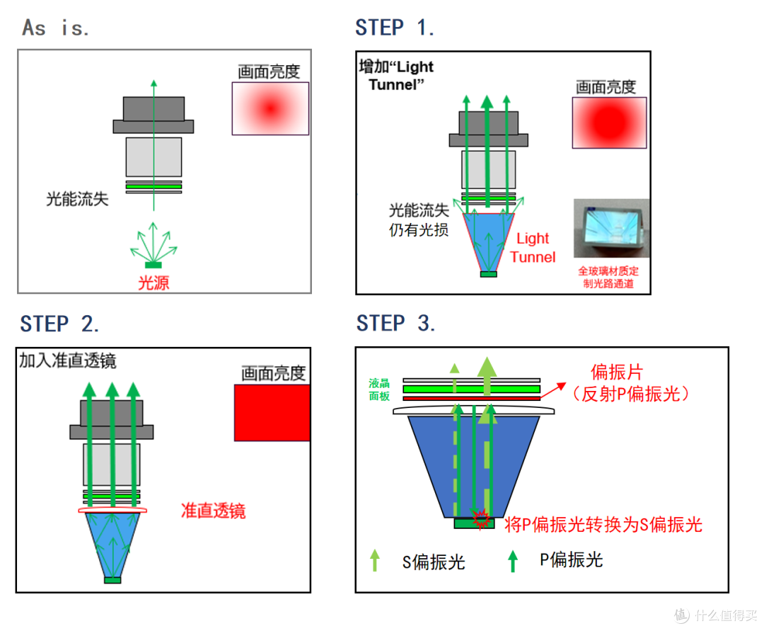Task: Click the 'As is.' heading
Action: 56,28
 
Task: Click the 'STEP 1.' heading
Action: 394,28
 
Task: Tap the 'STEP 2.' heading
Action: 59,324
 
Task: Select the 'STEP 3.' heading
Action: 395,324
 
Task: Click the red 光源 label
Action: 154,283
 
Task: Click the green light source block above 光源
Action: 154,265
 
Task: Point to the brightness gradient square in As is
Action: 270,108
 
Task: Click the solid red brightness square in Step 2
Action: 272,413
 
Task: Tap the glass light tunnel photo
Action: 611,228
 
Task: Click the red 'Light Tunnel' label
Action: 533,248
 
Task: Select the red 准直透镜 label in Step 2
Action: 213,511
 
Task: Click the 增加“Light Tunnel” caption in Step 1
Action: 396,75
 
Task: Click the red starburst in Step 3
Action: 480,518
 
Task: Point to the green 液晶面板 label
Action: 379,390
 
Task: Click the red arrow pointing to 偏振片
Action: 553,391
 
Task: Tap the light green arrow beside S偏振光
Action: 375,560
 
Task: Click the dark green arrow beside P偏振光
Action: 513,562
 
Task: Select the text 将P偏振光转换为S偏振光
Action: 603,525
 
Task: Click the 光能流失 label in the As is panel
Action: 77,199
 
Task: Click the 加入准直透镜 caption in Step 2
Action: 68,361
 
